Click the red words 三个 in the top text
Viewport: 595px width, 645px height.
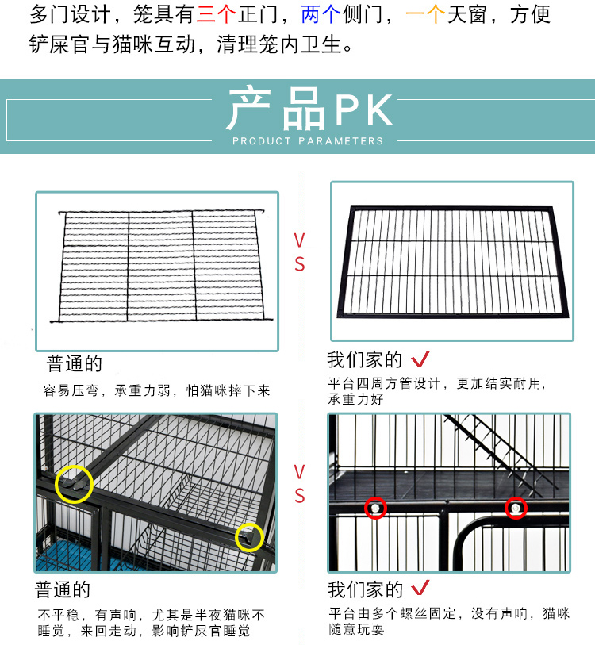coord(216,15)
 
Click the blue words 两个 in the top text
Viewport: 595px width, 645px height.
coord(320,15)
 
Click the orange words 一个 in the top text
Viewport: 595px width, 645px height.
coord(424,15)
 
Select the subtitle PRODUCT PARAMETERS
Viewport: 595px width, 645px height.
coord(308,141)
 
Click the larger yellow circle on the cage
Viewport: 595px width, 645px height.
coord(74,482)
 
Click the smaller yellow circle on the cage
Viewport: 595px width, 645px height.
coord(250,537)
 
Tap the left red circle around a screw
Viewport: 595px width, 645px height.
coord(375,507)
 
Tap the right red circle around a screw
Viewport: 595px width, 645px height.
coord(516,506)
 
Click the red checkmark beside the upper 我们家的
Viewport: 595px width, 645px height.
coord(420,360)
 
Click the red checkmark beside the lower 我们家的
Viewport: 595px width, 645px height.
coord(420,589)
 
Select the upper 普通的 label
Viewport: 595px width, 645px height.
coord(75,364)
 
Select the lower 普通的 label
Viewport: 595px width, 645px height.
coord(63,590)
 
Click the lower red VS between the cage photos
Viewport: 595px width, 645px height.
coord(299,484)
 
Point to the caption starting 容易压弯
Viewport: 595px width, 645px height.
coord(156,390)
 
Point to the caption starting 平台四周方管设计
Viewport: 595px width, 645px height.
coord(436,391)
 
